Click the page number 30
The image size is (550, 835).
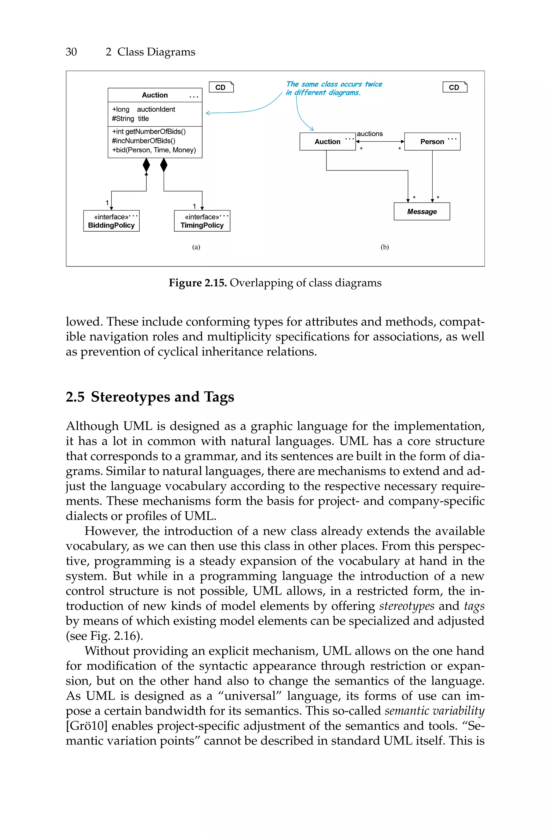[x=71, y=52]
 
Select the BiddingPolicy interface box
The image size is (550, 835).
[x=111, y=221]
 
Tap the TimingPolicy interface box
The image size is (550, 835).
[x=202, y=221]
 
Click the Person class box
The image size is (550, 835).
[x=432, y=141]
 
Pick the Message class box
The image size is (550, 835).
[x=422, y=211]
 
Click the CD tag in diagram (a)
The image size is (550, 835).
[x=221, y=87]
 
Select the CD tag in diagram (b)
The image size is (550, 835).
[x=455, y=87]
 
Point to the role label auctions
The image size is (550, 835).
[x=370, y=134]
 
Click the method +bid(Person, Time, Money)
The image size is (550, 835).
[x=154, y=150]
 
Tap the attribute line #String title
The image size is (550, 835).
[x=131, y=119]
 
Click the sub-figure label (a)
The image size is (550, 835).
[x=196, y=247]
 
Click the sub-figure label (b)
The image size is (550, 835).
[x=385, y=247]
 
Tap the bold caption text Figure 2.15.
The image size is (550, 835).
[x=197, y=283]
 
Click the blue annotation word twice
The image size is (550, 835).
[x=373, y=84]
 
